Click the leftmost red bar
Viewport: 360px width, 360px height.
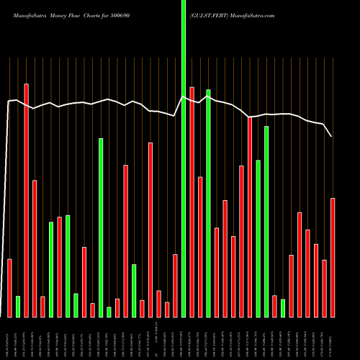[9, 288]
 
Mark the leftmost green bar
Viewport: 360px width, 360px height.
[18, 306]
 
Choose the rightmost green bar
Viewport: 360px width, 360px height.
[283, 307]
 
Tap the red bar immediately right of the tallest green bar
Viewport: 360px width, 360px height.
[192, 202]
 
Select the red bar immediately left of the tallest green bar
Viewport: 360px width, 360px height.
[175, 285]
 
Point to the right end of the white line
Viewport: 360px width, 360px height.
[332, 136]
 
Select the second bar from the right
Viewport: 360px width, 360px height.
[324, 288]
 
